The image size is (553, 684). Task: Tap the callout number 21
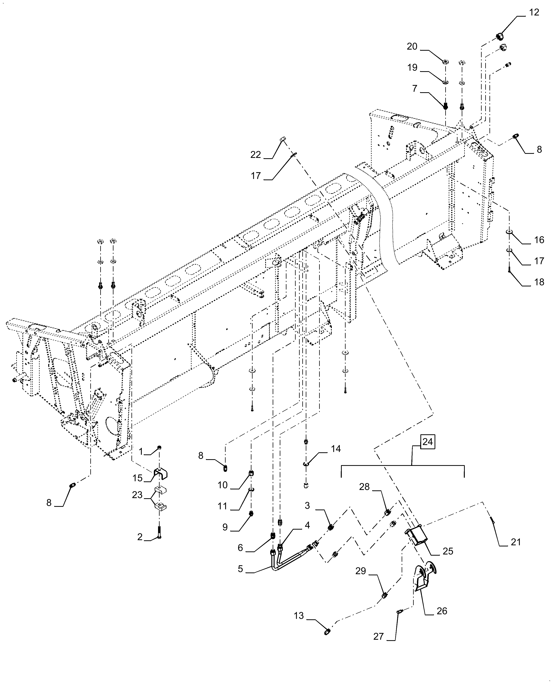pos(516,542)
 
